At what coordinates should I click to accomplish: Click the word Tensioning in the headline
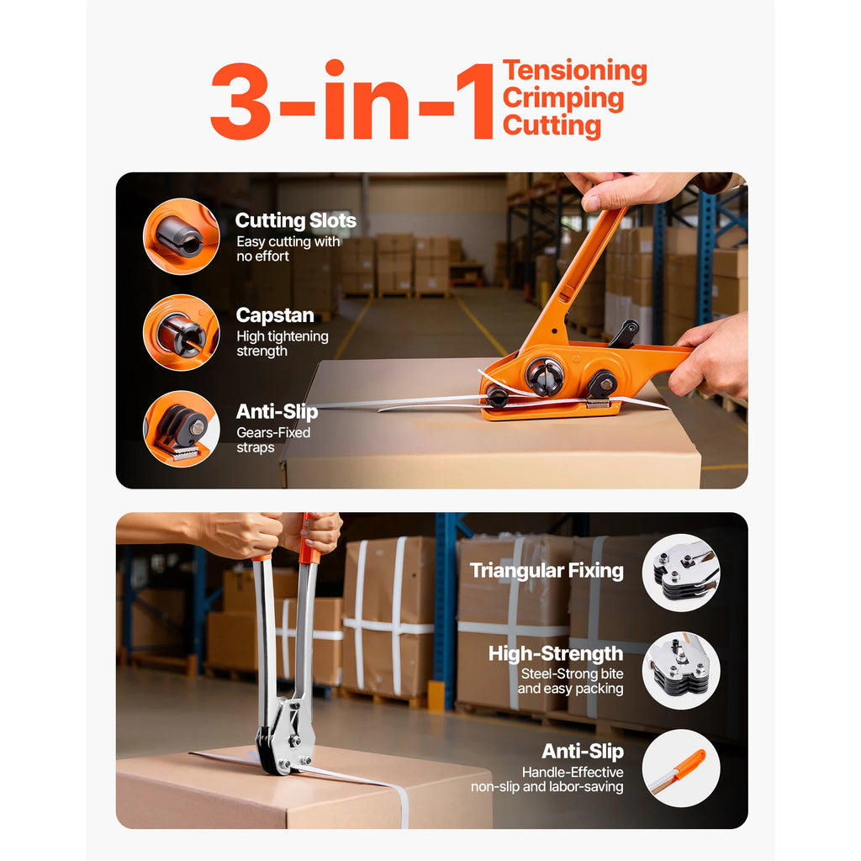coord(575,71)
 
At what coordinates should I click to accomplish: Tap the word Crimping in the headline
coord(563,98)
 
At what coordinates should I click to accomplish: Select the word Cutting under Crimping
coord(552,126)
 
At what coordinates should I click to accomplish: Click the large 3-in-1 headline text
coord(352,100)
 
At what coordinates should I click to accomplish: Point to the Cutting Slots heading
coord(295,220)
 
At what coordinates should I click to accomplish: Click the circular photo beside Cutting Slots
coord(182,236)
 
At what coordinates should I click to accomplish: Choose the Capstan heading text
coord(275,315)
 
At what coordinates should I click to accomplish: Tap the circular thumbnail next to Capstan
coord(182,332)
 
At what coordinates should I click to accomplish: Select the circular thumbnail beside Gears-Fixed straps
coord(182,429)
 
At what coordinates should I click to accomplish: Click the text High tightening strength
coord(283,343)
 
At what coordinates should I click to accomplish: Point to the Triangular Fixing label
coord(547,571)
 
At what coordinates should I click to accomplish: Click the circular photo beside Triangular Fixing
coord(681,573)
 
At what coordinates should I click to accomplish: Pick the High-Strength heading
coord(556,653)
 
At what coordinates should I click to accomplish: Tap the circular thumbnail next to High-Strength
coord(681,670)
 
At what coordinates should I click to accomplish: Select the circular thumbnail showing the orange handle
coord(681,769)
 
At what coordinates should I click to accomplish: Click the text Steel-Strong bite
coord(572,673)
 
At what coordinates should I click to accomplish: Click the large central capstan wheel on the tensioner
coord(545,376)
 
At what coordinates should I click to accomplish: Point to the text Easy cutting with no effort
coord(288,249)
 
